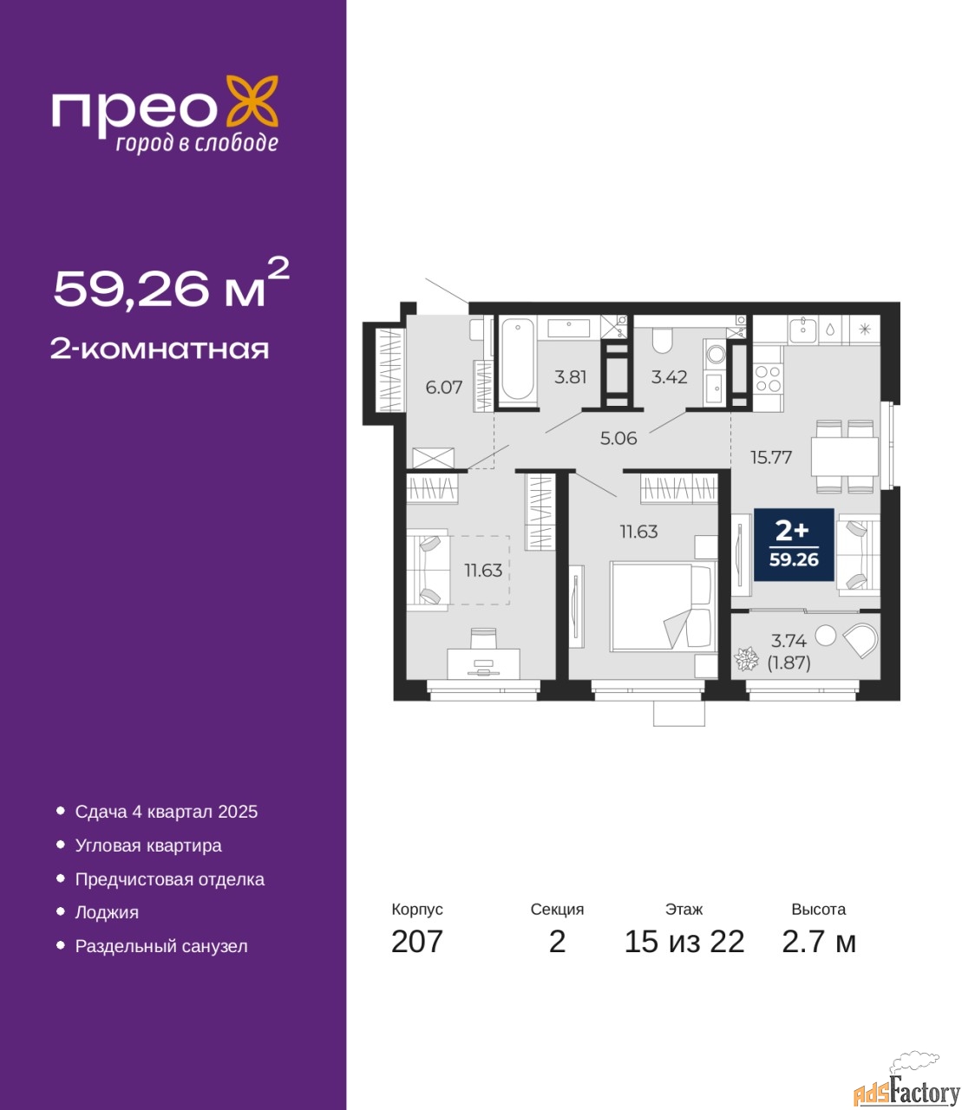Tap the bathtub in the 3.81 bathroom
click(x=517, y=359)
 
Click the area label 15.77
click(x=771, y=458)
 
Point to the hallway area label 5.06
click(x=618, y=438)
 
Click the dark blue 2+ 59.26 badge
click(x=794, y=545)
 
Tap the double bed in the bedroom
click(x=664, y=606)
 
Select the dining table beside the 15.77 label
click(x=844, y=456)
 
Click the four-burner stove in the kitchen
click(x=768, y=379)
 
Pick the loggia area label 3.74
click(x=789, y=641)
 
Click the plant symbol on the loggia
click(x=746, y=659)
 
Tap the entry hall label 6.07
click(x=443, y=387)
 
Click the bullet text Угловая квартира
click(x=148, y=846)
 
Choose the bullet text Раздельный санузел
click(x=161, y=946)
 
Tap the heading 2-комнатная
click(x=160, y=349)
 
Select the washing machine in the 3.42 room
click(x=716, y=355)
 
